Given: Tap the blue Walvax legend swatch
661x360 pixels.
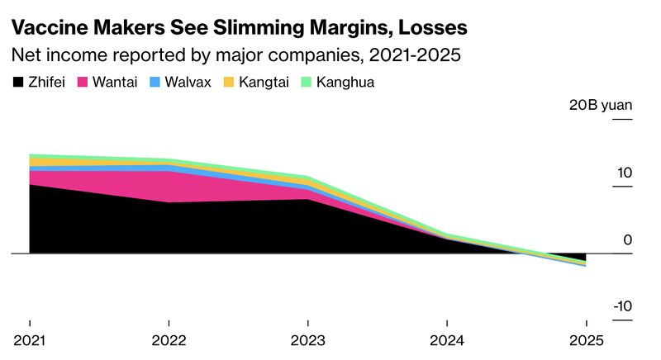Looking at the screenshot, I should click(155, 83).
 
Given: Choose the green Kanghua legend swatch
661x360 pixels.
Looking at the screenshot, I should click(304, 83).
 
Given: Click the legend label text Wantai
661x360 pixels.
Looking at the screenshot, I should click(117, 83).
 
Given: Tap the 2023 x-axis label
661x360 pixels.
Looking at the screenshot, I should click(307, 340).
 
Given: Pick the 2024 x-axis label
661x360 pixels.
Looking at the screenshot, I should click(447, 340).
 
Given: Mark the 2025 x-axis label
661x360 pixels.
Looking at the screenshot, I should click(586, 340).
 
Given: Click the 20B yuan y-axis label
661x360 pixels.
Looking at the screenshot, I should click(600, 106).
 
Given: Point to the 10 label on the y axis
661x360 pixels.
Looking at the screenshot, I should click(623, 173).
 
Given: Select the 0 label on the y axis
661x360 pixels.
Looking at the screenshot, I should click(628, 240).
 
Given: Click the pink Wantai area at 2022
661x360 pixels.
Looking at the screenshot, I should click(169, 187).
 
